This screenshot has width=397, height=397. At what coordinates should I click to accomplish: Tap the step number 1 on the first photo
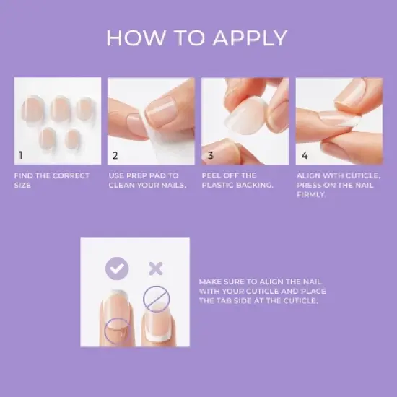pyautogui.click(x=21, y=154)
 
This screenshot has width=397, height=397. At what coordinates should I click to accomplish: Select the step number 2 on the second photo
pyautogui.click(x=115, y=154)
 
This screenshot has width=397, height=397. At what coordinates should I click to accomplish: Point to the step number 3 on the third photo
pyautogui.click(x=210, y=154)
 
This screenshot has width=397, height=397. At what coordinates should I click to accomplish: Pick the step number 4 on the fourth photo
pyautogui.click(x=304, y=154)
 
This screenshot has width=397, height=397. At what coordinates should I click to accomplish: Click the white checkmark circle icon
pyautogui.click(x=117, y=269)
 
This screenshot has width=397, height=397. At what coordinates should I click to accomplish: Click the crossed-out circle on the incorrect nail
pyautogui.click(x=155, y=298)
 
